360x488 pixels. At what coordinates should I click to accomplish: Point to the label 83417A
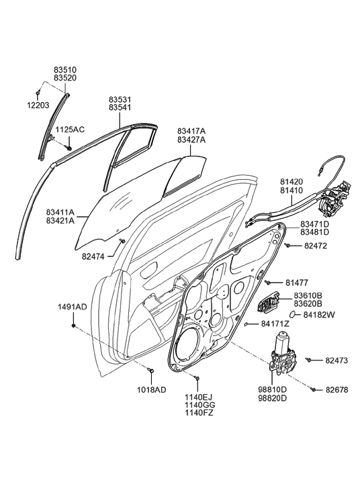pos(191,131)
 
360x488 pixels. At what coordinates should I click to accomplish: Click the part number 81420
pos(291,181)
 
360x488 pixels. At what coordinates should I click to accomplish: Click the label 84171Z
pos(275,324)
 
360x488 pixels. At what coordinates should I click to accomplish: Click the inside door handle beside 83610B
pos(265,306)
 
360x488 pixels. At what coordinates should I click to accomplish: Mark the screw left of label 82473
pos(310,361)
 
